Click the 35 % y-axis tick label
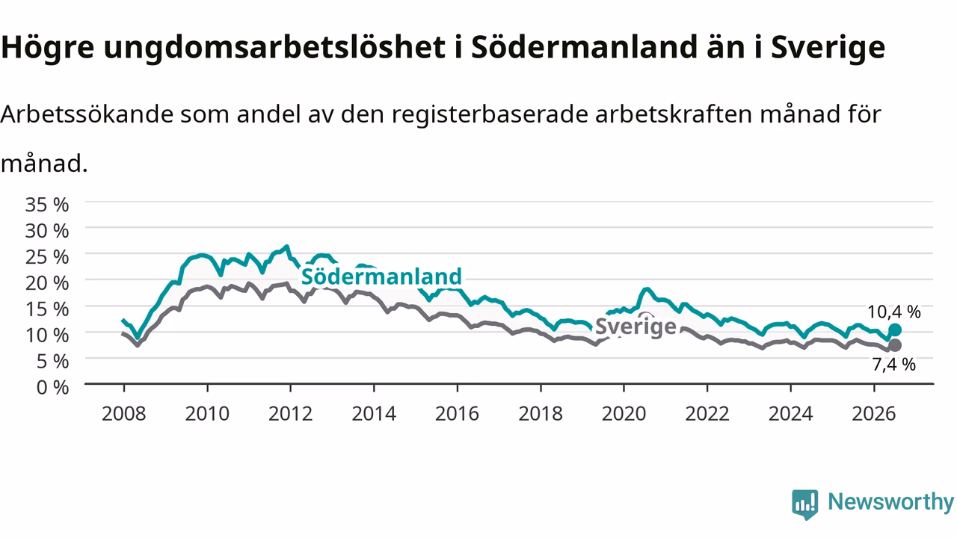(46, 205)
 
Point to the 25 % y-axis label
(46, 257)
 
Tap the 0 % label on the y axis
(52, 388)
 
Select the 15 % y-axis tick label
(46, 309)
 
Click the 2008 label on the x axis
(124, 414)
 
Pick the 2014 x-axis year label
(374, 414)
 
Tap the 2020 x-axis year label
(624, 414)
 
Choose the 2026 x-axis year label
(874, 414)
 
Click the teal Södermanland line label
(381, 276)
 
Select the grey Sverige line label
(636, 327)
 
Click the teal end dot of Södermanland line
(895, 330)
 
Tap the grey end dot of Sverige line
(895, 345)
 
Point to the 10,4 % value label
(893, 312)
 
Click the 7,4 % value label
(893, 365)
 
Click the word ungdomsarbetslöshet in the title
(274, 48)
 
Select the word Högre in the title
(47, 48)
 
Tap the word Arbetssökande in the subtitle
(87, 114)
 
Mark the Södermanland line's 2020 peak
(647, 289)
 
